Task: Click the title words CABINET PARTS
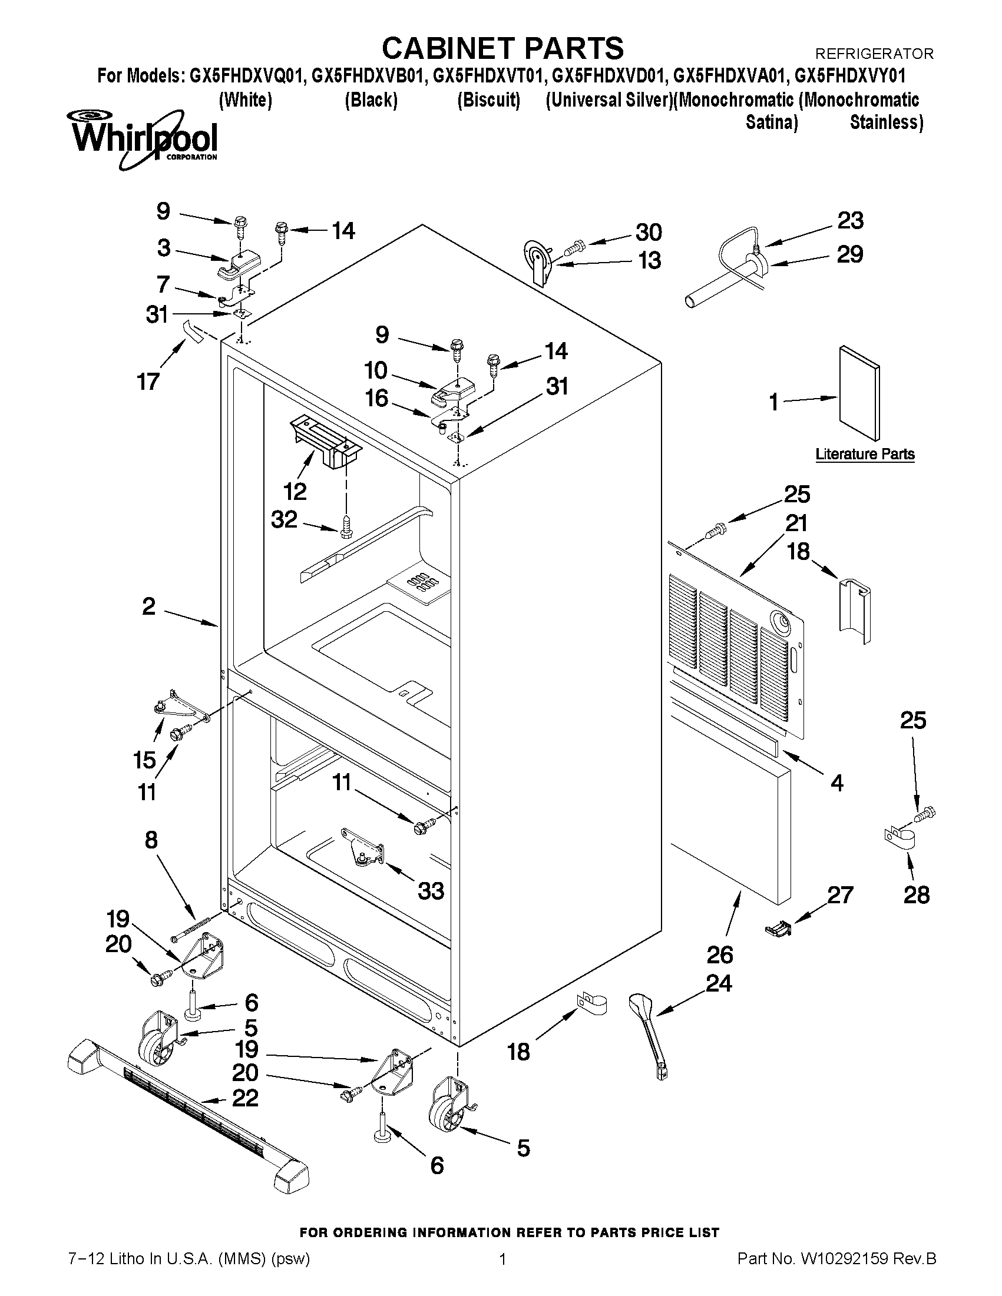tap(502, 48)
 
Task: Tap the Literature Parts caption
tap(864, 455)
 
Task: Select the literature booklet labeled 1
tap(859, 392)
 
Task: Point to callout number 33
tap(431, 891)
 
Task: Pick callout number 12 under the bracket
tap(295, 491)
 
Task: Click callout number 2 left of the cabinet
tap(148, 606)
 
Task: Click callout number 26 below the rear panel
tap(719, 955)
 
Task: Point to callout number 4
tap(836, 783)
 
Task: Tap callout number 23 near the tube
tap(850, 221)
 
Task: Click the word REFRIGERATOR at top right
tap(874, 54)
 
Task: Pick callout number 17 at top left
tap(148, 381)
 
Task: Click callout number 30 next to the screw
tap(648, 232)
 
